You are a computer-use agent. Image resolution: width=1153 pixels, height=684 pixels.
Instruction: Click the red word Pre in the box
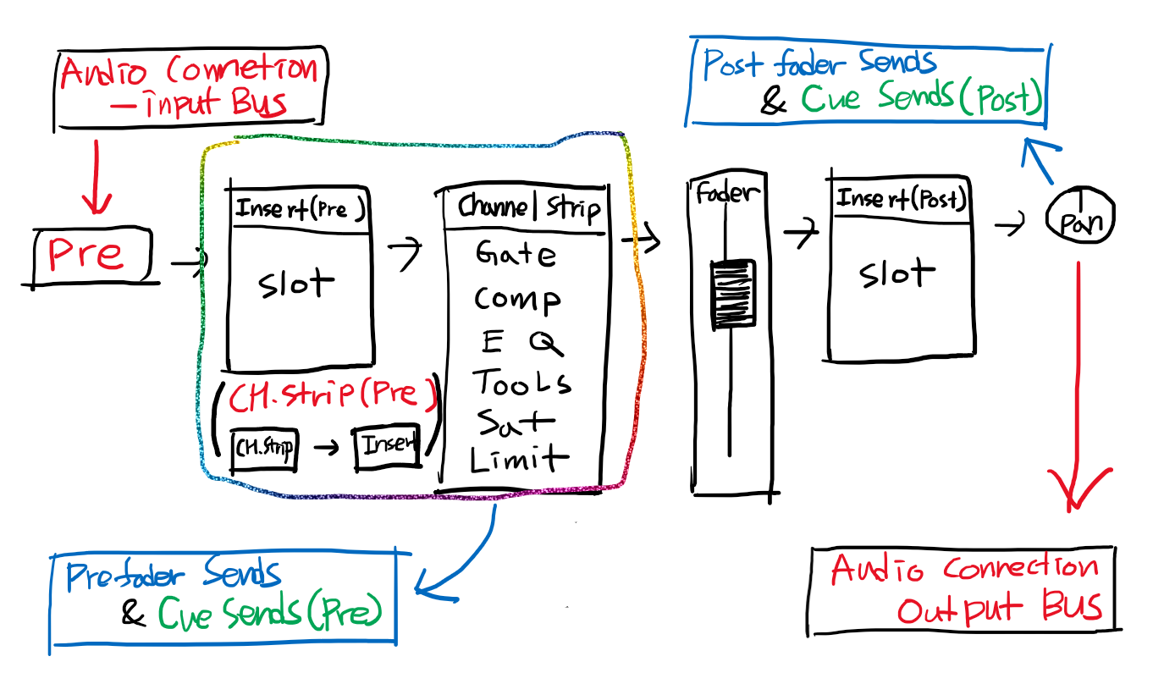click(x=85, y=254)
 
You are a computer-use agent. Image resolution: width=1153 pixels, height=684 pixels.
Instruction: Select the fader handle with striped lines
click(x=733, y=292)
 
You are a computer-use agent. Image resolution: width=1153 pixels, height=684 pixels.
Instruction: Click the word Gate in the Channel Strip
click(x=516, y=254)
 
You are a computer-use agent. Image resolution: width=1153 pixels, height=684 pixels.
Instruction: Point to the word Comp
click(x=516, y=299)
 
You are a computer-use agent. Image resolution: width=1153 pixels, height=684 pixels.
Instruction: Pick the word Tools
click(x=521, y=383)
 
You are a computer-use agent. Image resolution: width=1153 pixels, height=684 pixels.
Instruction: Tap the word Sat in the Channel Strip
click(x=515, y=422)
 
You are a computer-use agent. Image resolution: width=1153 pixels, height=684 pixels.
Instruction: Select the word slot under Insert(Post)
click(x=896, y=274)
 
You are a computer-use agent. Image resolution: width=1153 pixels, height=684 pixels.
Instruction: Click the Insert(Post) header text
click(x=901, y=200)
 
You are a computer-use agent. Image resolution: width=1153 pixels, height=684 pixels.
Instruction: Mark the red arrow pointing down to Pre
click(x=96, y=178)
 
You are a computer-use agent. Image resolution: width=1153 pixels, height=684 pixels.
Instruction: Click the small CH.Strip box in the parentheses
click(x=264, y=448)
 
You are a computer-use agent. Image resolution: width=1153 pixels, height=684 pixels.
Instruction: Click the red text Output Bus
click(x=999, y=609)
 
